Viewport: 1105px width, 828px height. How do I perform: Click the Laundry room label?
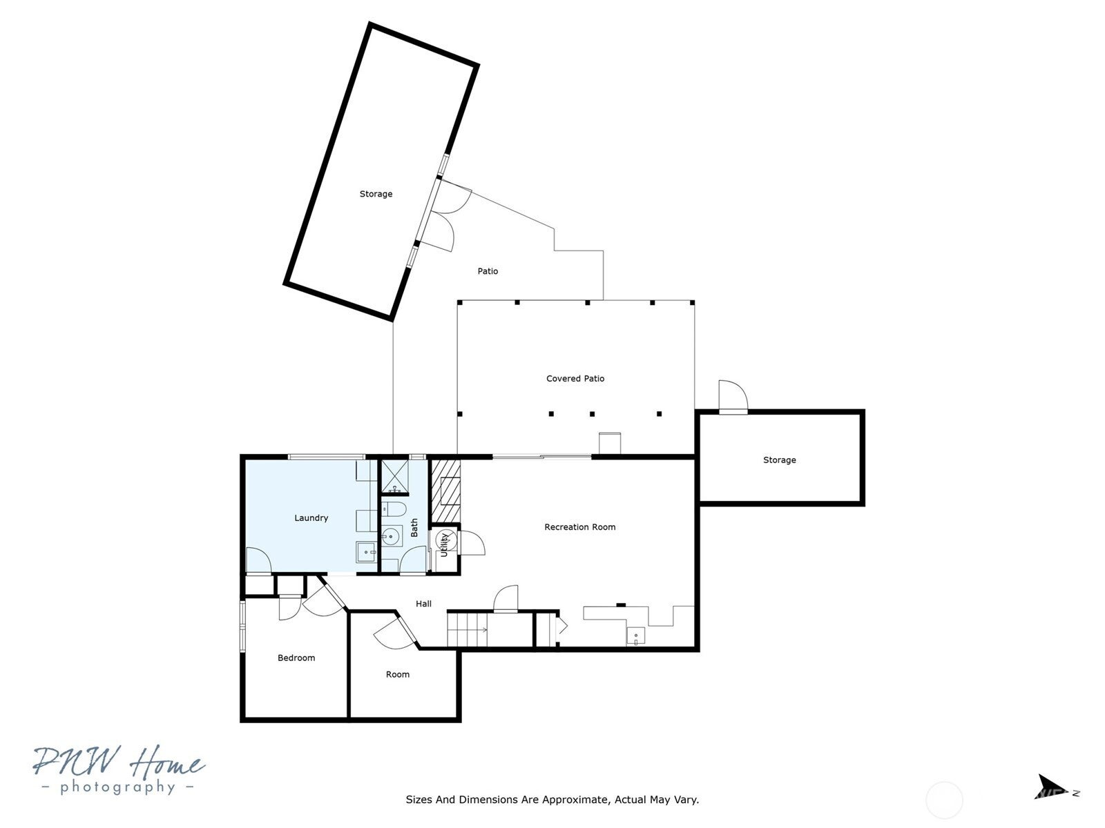pyautogui.click(x=311, y=518)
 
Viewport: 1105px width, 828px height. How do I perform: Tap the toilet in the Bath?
pyautogui.click(x=394, y=510)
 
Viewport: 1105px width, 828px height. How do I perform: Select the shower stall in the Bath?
pyautogui.click(x=394, y=476)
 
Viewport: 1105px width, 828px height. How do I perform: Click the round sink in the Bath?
pyautogui.click(x=392, y=536)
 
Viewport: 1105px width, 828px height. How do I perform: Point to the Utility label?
pyautogui.click(x=444, y=544)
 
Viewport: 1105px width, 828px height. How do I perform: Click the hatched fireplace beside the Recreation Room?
pyautogui.click(x=445, y=491)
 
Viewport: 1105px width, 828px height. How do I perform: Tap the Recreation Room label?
pyautogui.click(x=579, y=527)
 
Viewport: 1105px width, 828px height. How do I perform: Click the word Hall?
pyautogui.click(x=423, y=604)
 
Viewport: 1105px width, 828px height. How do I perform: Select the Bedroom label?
pyautogui.click(x=296, y=658)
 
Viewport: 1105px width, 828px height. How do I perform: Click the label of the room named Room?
pyautogui.click(x=397, y=675)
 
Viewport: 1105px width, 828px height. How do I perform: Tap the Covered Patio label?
pyautogui.click(x=575, y=379)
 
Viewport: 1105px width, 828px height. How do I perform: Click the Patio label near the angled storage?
pyautogui.click(x=488, y=271)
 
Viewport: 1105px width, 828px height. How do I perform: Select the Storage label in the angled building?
pyautogui.click(x=376, y=194)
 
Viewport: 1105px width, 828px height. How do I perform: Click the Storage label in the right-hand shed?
pyautogui.click(x=779, y=460)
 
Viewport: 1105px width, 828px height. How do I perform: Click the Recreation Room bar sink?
pyautogui.click(x=635, y=635)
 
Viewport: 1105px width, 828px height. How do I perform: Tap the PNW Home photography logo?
pyautogui.click(x=117, y=769)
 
